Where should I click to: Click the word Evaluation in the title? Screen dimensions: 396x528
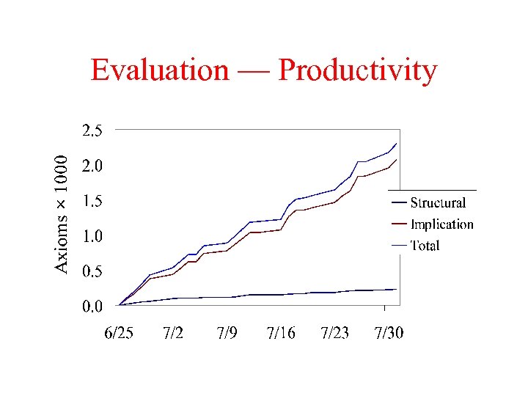(x=159, y=70)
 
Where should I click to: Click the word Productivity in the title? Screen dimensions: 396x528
(x=358, y=72)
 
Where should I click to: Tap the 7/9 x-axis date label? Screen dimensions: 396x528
(x=227, y=334)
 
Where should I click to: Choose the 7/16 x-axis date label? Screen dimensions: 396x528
(x=281, y=334)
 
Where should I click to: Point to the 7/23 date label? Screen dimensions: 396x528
(x=335, y=334)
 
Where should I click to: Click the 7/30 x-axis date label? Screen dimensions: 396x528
(x=389, y=334)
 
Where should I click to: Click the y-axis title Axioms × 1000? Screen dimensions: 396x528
(x=64, y=213)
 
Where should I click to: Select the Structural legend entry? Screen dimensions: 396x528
(x=437, y=203)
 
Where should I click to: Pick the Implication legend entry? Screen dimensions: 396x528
(x=441, y=224)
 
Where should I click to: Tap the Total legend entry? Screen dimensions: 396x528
(x=425, y=246)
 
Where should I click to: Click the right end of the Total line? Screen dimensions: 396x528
(x=397, y=143)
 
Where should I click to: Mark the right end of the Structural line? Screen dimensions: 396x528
(x=397, y=289)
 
